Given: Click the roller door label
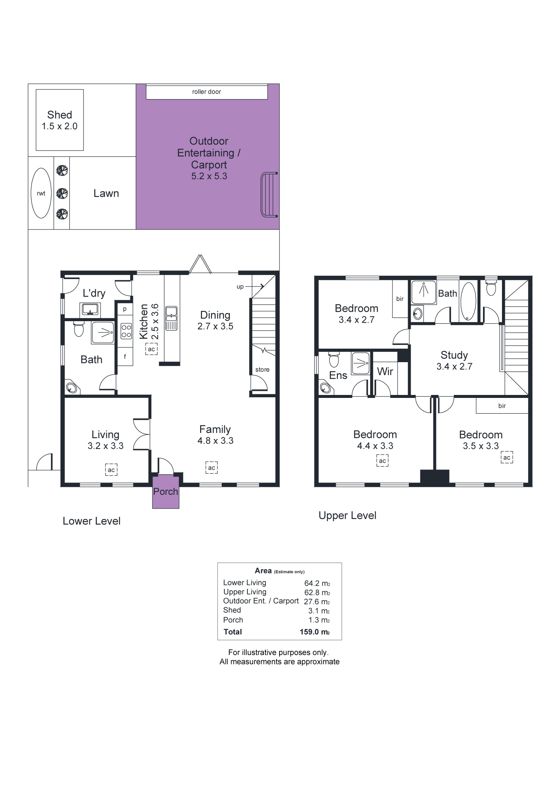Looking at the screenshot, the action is (x=206, y=92).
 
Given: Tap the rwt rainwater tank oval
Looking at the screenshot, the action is (x=41, y=193).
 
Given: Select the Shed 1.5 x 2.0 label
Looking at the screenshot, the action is (x=60, y=120).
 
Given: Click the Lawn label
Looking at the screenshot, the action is (x=106, y=193).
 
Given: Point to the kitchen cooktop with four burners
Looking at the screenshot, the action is (x=126, y=331).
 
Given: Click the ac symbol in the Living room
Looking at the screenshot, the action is (x=111, y=470).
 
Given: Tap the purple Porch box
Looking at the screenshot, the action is (x=165, y=492).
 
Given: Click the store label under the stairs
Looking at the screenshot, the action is (x=262, y=370).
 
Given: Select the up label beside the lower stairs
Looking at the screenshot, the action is (x=240, y=287).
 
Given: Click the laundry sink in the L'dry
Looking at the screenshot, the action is (x=89, y=309).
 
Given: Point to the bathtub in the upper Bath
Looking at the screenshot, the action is (x=468, y=301).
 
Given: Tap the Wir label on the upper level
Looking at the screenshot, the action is (x=385, y=371).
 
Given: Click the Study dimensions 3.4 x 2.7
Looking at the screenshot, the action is (x=454, y=367).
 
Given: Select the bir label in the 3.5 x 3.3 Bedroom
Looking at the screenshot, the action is (x=502, y=406).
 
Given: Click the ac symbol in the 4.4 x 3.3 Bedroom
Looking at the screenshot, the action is (x=382, y=461).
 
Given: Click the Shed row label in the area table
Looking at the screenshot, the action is (x=232, y=610).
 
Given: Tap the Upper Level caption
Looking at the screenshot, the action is (x=347, y=516).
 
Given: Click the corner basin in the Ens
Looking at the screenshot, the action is (x=325, y=387).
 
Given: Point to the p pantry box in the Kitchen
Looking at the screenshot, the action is (x=125, y=309).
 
